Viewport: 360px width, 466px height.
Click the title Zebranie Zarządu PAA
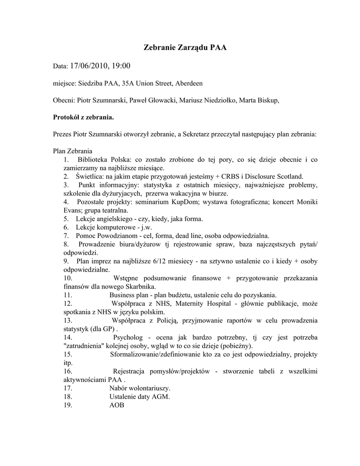(x=185, y=47)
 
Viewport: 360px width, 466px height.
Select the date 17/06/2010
(x=89, y=66)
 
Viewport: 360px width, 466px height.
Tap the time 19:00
(x=120, y=66)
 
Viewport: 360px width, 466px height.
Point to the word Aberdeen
(x=187, y=83)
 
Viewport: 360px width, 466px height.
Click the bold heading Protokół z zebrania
(x=83, y=117)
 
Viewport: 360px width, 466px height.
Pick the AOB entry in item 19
(x=117, y=405)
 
